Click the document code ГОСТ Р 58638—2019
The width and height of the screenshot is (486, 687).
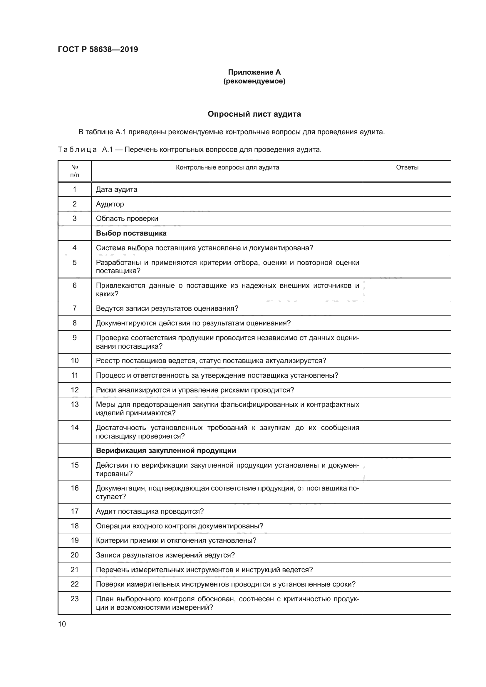click(98, 49)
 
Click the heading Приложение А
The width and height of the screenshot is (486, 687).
click(254, 72)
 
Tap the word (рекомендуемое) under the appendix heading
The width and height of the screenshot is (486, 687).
click(254, 81)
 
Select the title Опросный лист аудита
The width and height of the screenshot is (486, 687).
click(254, 114)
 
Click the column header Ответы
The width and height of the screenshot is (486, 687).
click(407, 167)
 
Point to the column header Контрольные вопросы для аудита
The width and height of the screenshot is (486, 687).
click(227, 167)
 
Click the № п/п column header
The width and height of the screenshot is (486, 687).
click(75, 171)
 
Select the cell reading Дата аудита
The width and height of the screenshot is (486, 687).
click(116, 189)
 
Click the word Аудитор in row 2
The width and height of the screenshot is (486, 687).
click(110, 204)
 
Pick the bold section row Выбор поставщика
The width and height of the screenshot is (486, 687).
click(131, 233)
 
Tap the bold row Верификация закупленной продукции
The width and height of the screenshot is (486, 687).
click(166, 451)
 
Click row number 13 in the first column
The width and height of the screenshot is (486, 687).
click(75, 404)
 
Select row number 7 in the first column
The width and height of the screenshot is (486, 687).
click(75, 308)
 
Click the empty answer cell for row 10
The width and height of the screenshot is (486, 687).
click(407, 361)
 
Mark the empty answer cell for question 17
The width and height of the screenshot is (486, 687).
click(407, 511)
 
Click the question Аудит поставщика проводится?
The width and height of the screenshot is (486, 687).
click(150, 511)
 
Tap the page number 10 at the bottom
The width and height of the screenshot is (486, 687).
click(62, 624)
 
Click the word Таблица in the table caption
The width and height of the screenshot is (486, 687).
click(77, 150)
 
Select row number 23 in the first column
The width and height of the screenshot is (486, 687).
click(75, 599)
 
